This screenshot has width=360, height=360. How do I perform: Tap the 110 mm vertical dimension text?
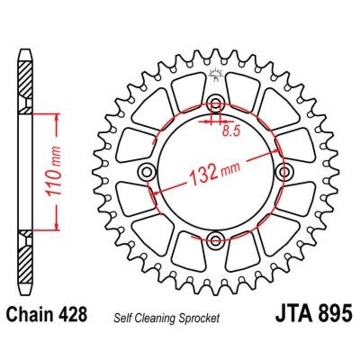point(54,171)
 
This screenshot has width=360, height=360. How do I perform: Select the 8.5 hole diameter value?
point(229,131)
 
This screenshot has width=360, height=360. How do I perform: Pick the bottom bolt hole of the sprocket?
point(216,238)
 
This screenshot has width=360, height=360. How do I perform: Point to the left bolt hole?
point(147,171)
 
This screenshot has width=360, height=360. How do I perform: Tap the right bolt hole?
point(284,171)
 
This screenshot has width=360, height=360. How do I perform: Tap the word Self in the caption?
point(123,319)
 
